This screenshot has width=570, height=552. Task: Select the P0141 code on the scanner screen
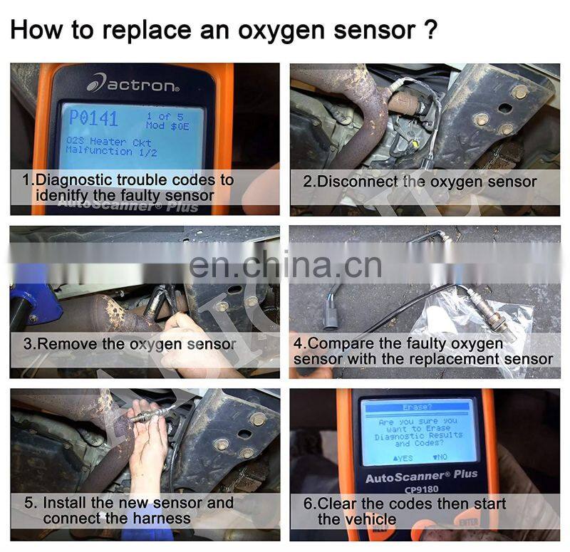click(93, 118)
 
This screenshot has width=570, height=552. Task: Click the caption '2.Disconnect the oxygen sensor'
click(420, 181)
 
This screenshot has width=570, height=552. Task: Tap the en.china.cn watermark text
click(286, 266)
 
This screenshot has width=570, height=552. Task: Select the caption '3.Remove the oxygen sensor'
click(129, 343)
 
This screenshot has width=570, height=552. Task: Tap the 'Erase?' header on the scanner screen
click(418, 407)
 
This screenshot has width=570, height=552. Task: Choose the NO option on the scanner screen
click(440, 457)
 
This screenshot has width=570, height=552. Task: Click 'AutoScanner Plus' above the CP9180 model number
click(421, 474)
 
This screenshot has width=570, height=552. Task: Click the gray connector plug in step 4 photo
click(331, 314)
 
